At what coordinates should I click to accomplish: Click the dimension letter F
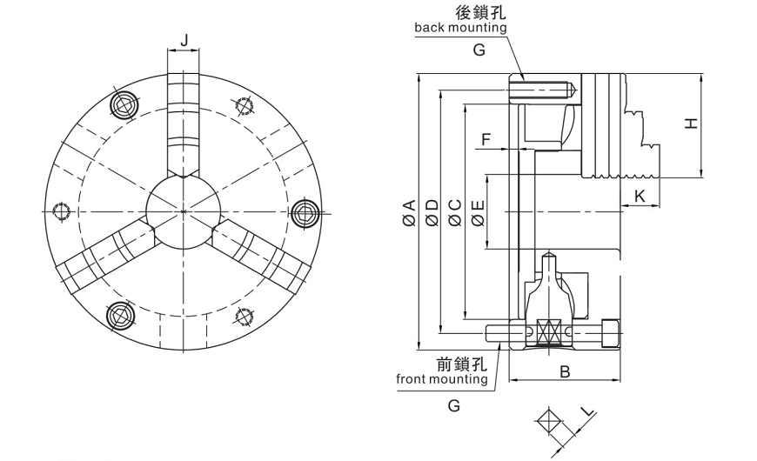click(x=486, y=139)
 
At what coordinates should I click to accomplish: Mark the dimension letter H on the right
click(x=691, y=124)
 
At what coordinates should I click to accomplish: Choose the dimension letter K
click(x=640, y=197)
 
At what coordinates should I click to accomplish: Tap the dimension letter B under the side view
click(x=564, y=372)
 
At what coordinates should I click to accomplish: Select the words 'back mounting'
click(x=460, y=27)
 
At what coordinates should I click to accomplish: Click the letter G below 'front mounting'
click(x=453, y=405)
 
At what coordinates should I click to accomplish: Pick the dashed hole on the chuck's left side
click(x=61, y=211)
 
